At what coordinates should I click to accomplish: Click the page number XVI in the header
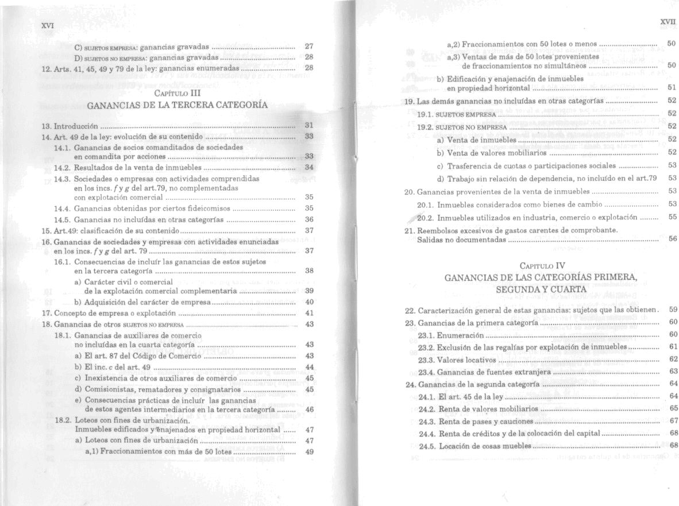[x=48, y=26]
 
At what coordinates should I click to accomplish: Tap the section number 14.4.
[x=62, y=208]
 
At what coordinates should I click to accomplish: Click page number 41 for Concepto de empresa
[x=308, y=313]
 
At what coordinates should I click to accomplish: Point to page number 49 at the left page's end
[x=308, y=451]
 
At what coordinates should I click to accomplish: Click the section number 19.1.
[x=428, y=114]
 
